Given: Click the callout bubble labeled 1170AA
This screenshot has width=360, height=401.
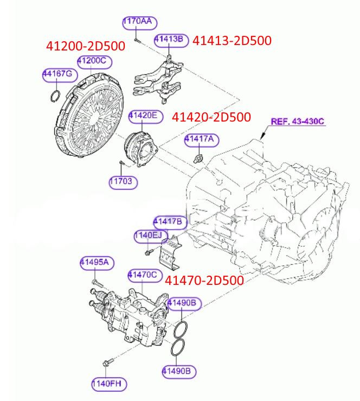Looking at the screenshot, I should (138, 22).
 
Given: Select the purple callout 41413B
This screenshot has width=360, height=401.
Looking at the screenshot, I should (171, 40).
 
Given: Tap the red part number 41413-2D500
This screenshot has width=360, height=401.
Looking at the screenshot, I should (232, 40).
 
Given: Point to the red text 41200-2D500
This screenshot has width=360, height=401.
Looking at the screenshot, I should (85, 46).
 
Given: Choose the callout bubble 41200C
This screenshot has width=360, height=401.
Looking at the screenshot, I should (91, 61).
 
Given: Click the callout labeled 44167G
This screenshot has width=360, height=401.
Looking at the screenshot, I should (60, 75).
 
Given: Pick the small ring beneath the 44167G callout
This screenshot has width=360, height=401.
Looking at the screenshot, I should (54, 97).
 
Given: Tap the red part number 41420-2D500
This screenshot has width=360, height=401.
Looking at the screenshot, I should (211, 117).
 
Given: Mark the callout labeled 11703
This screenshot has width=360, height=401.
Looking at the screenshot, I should (123, 182).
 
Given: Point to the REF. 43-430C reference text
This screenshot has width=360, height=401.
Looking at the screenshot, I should (297, 121).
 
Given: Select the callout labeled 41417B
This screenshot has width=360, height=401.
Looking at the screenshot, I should (170, 221).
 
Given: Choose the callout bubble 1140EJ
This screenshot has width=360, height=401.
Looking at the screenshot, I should (148, 235).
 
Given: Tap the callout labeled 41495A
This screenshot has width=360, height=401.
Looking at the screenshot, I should (97, 263).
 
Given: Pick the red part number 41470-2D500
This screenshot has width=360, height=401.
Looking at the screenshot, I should (204, 280).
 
